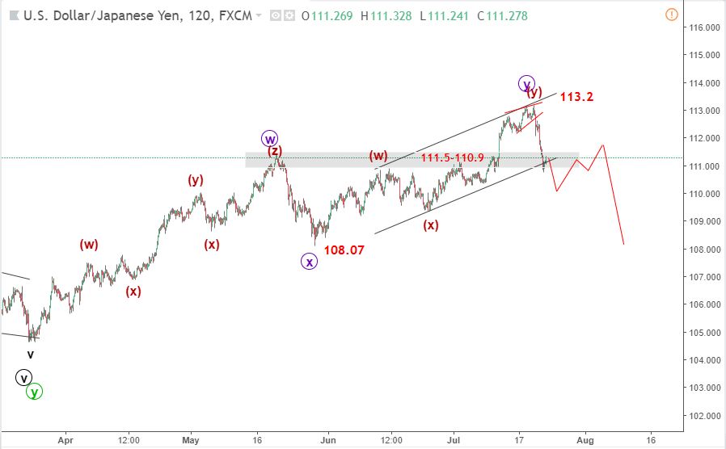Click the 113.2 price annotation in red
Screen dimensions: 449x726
(576, 97)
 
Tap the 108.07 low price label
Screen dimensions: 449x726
(344, 250)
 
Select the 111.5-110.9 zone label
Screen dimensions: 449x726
(452, 157)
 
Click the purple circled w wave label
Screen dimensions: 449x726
(270, 138)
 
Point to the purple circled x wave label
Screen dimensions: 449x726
(309, 261)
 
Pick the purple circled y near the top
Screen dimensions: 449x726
(527, 83)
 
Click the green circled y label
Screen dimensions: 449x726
(33, 392)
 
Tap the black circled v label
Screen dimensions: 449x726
(24, 377)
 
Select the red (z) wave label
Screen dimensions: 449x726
(275, 151)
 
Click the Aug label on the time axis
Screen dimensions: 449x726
(585, 441)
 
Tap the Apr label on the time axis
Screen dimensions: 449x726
(65, 441)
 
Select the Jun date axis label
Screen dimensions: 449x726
(327, 441)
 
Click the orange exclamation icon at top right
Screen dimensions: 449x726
(671, 15)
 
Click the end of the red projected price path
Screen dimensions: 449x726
(624, 244)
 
